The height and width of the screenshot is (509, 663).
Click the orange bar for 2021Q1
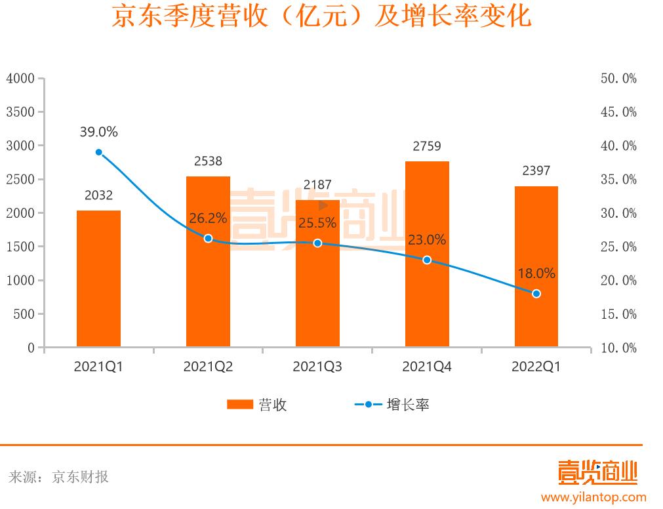(98, 278)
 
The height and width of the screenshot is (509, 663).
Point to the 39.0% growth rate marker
(99, 152)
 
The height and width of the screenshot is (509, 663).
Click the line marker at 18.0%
(536, 294)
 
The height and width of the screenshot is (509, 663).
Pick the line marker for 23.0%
(427, 260)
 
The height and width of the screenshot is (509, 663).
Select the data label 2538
(208, 161)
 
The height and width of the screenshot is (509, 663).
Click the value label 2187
(317, 185)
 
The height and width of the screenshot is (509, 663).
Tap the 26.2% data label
(208, 218)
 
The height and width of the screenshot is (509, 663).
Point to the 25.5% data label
(317, 223)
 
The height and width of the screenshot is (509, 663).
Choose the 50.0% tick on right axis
(618, 79)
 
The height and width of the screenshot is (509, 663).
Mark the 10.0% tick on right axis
(618, 348)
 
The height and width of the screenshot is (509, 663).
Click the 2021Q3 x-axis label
(317, 367)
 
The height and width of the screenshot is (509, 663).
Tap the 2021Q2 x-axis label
(208, 367)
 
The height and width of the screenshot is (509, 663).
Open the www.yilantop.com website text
(593, 497)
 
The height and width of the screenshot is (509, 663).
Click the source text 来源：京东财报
(59, 477)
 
